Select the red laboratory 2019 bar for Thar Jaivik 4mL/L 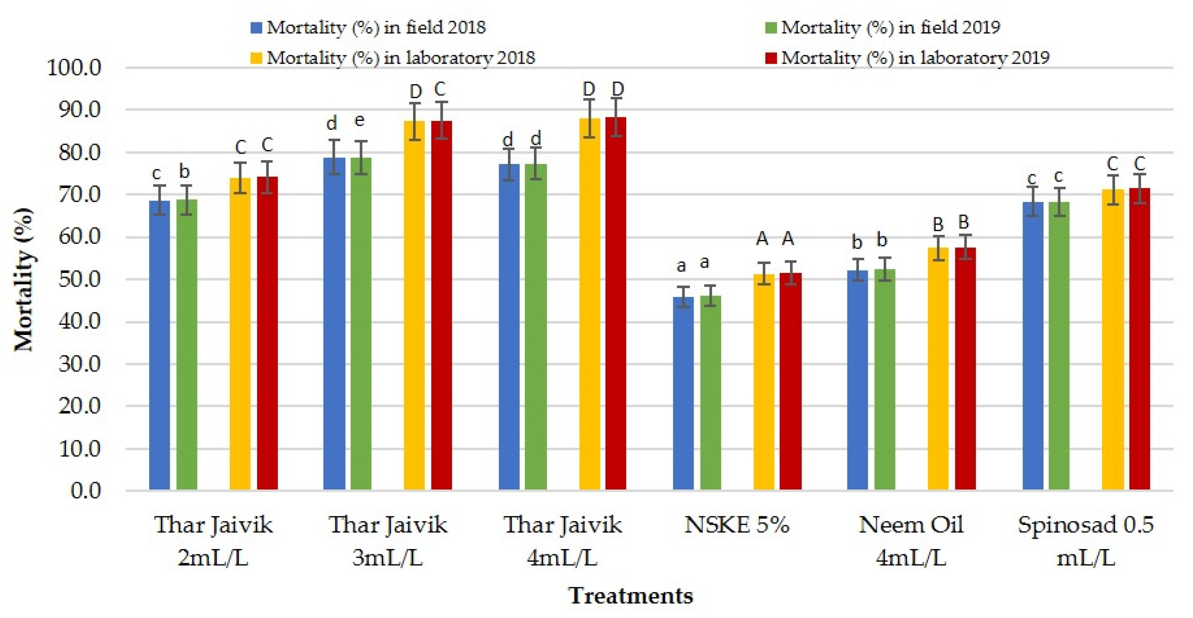coord(615,303)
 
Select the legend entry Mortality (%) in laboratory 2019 coord(907,58)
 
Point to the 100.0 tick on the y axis coord(74,68)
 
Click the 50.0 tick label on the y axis coord(80,279)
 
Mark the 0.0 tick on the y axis coord(86,491)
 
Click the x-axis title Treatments coord(631,595)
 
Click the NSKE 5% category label coord(737,525)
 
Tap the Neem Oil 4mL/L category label coord(911,541)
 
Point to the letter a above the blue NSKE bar coord(681,266)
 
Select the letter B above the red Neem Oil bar coord(964,222)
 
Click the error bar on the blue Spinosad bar coord(1033,202)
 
